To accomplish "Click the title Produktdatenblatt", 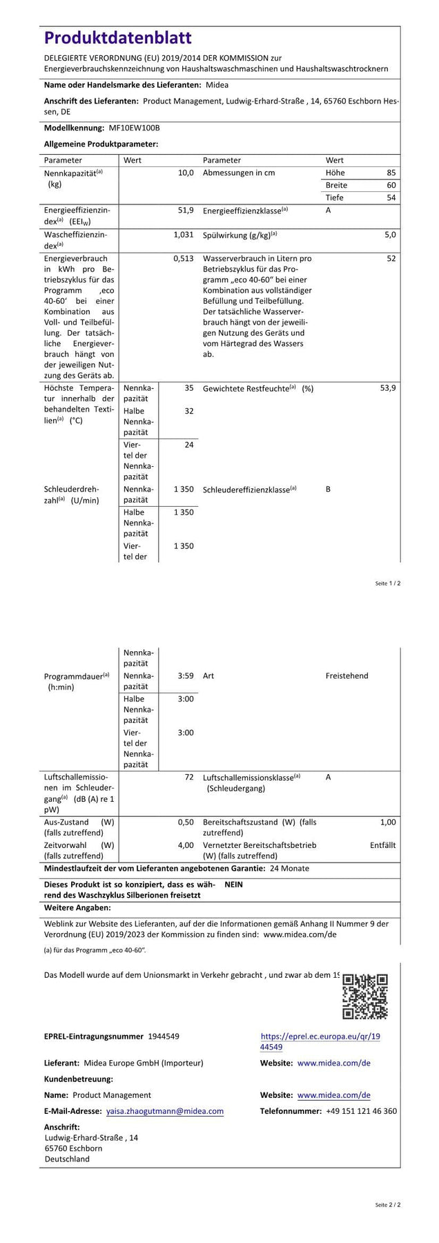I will click(118, 38).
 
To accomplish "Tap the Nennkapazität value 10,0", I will click(186, 173).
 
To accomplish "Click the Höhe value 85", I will click(391, 173).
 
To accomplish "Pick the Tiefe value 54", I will click(391, 197).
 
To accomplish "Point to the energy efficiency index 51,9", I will click(186, 210).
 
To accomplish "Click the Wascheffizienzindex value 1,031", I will click(183, 235).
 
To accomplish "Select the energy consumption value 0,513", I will click(183, 259).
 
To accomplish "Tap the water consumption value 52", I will click(391, 259).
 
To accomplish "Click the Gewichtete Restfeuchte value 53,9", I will click(388, 388).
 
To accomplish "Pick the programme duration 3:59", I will click(186, 675).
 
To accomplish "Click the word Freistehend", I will click(347, 675).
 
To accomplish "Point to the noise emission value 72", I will click(188, 777).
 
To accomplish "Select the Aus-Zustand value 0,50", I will click(186, 822).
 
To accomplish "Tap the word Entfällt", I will click(382, 845).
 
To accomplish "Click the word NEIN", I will click(233, 884).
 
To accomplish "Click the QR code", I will click(365, 996).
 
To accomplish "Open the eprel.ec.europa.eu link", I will click(320, 1041).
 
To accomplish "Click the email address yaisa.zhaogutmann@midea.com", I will click(165, 1111).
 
